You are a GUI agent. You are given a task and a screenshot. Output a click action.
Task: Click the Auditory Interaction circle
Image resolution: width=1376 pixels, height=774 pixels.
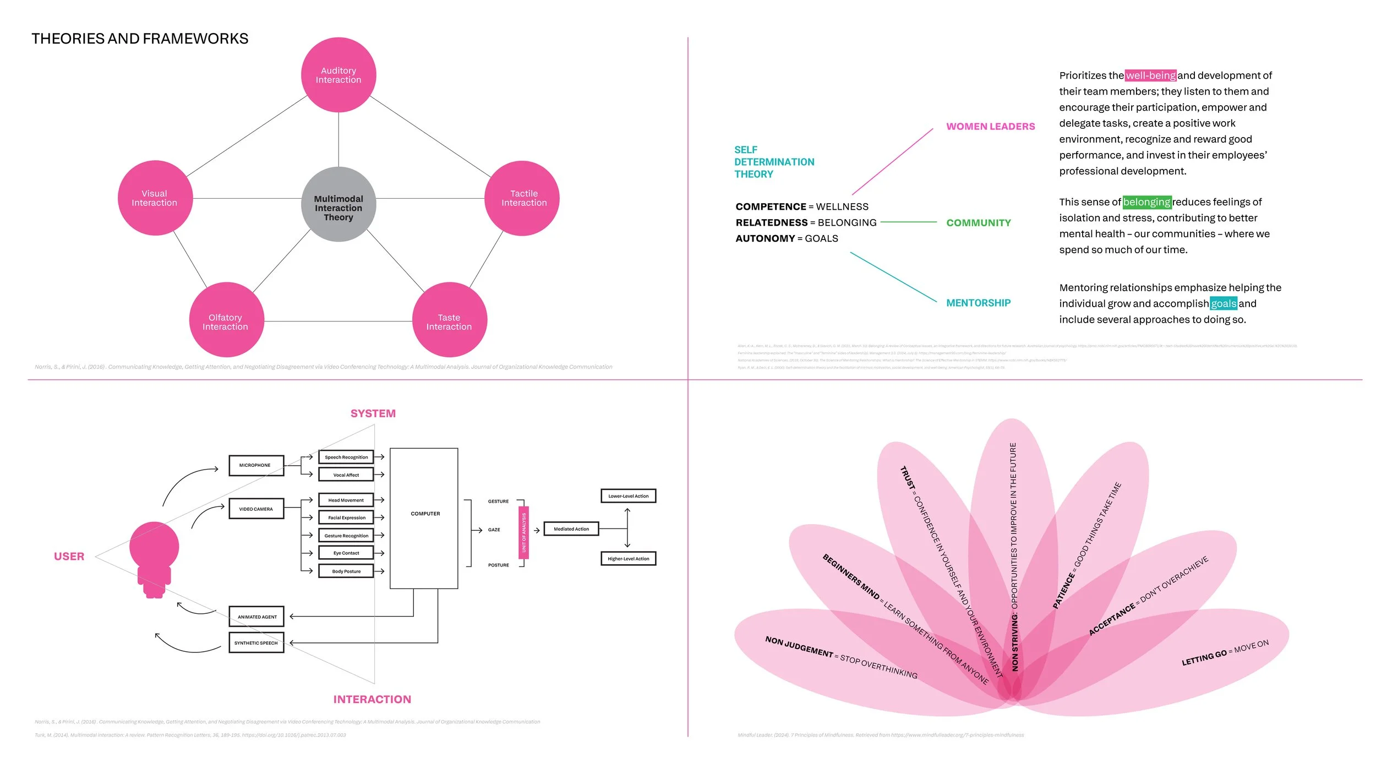click(x=338, y=75)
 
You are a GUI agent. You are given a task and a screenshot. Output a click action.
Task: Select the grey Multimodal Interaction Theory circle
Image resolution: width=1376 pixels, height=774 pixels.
click(x=338, y=205)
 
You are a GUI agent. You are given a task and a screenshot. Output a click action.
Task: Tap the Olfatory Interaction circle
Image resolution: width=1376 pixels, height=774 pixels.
click(x=226, y=320)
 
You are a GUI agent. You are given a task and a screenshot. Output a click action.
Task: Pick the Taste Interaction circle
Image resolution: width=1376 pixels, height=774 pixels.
click(x=449, y=320)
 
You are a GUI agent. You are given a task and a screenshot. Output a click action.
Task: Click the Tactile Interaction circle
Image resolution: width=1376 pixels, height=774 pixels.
click(x=522, y=198)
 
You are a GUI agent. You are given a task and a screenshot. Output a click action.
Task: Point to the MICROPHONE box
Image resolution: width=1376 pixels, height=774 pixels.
click(x=256, y=465)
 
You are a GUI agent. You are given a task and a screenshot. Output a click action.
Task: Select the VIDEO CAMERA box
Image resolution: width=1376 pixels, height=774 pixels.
click(x=256, y=509)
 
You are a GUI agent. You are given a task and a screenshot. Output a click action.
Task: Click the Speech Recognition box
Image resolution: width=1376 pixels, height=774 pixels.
click(x=346, y=457)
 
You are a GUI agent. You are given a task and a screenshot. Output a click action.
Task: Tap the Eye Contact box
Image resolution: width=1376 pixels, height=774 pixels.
click(x=346, y=553)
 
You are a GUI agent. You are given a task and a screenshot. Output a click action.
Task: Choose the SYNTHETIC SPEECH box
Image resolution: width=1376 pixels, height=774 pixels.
click(x=256, y=642)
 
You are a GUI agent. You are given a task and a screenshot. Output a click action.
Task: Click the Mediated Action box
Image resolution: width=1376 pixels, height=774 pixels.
click(x=571, y=529)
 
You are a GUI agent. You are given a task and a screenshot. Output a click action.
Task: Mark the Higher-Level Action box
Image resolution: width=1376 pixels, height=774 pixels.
click(x=628, y=559)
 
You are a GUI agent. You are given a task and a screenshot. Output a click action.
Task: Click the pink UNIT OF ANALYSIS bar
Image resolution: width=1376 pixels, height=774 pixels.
click(x=524, y=532)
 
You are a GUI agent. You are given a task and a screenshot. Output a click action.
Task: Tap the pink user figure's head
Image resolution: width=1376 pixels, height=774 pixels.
click(x=154, y=546)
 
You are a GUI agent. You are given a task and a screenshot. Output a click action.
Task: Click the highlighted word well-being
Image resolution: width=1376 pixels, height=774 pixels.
click(x=1150, y=75)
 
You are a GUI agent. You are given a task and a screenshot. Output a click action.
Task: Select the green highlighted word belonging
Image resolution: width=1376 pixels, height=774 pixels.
click(x=1146, y=202)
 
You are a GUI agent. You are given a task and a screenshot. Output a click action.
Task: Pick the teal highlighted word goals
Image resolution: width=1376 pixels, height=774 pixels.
click(x=1223, y=303)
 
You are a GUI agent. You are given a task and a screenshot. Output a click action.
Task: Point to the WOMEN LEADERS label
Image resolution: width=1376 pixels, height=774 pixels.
click(x=990, y=127)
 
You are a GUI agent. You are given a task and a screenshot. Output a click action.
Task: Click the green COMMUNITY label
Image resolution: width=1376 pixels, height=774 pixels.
click(x=978, y=223)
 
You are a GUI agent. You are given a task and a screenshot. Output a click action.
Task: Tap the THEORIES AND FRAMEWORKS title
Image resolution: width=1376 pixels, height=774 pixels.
click(x=140, y=39)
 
